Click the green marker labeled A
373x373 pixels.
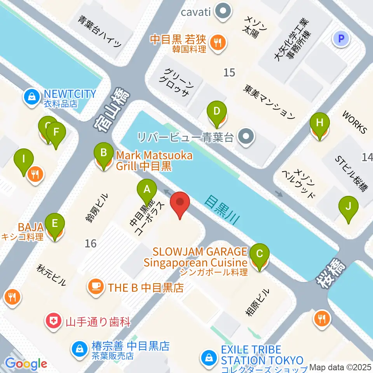click(147, 190)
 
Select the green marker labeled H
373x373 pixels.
click(319, 124)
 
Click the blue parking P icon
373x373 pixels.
click(342, 38)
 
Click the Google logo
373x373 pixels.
click(26, 363)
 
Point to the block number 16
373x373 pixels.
click(91, 244)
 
